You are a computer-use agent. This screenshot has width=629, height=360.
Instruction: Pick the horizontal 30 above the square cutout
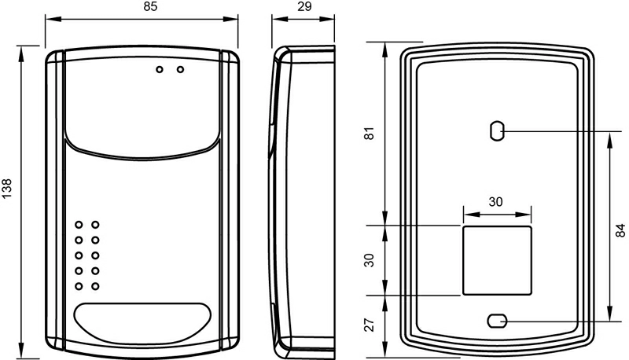(495, 201)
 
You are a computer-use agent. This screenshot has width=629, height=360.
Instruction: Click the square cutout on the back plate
(495, 259)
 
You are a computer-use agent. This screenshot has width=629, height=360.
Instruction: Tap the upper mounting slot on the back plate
(496, 131)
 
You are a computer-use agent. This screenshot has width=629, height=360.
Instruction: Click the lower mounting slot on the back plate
(496, 321)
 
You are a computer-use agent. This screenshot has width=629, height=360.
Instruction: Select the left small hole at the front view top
(160, 70)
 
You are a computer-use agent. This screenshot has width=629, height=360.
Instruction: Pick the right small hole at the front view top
(180, 70)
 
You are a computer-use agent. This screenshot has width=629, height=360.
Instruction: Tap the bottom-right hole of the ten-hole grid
(95, 285)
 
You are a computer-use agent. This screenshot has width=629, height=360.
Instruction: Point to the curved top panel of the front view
(142, 102)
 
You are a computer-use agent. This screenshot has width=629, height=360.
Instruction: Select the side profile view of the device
(303, 197)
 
